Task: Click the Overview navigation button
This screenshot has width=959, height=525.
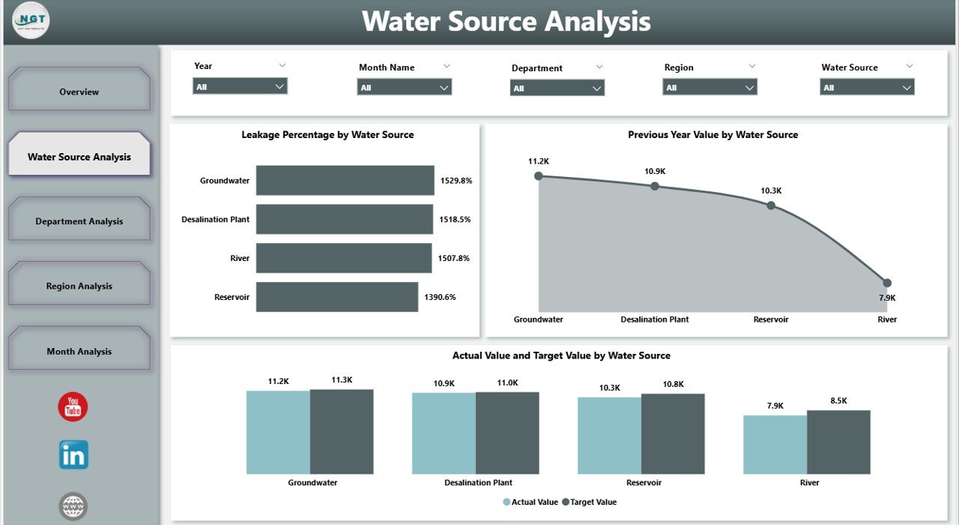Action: (79, 91)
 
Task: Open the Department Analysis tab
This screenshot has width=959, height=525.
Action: (79, 221)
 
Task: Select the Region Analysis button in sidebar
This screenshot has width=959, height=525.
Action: (79, 286)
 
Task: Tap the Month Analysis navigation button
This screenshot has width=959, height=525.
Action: (79, 351)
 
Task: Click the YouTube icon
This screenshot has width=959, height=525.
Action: (73, 406)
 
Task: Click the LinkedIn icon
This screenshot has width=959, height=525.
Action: (73, 454)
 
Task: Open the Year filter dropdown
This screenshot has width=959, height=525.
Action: (240, 87)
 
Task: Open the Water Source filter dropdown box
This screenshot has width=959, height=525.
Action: (867, 88)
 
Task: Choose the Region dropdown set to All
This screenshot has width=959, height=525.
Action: (710, 88)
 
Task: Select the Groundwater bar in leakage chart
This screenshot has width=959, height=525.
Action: (345, 181)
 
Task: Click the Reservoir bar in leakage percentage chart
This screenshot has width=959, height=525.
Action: (336, 297)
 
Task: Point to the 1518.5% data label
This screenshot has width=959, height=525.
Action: (456, 220)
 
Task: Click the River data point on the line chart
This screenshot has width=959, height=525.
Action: (887, 283)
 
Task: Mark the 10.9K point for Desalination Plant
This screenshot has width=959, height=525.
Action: (654, 186)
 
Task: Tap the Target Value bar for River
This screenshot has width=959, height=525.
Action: (838, 442)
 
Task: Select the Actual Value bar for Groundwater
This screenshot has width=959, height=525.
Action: (278, 432)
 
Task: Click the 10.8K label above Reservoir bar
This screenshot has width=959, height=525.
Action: (673, 384)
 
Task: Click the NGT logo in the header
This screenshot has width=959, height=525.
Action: (31, 21)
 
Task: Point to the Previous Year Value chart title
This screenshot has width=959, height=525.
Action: (713, 135)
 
